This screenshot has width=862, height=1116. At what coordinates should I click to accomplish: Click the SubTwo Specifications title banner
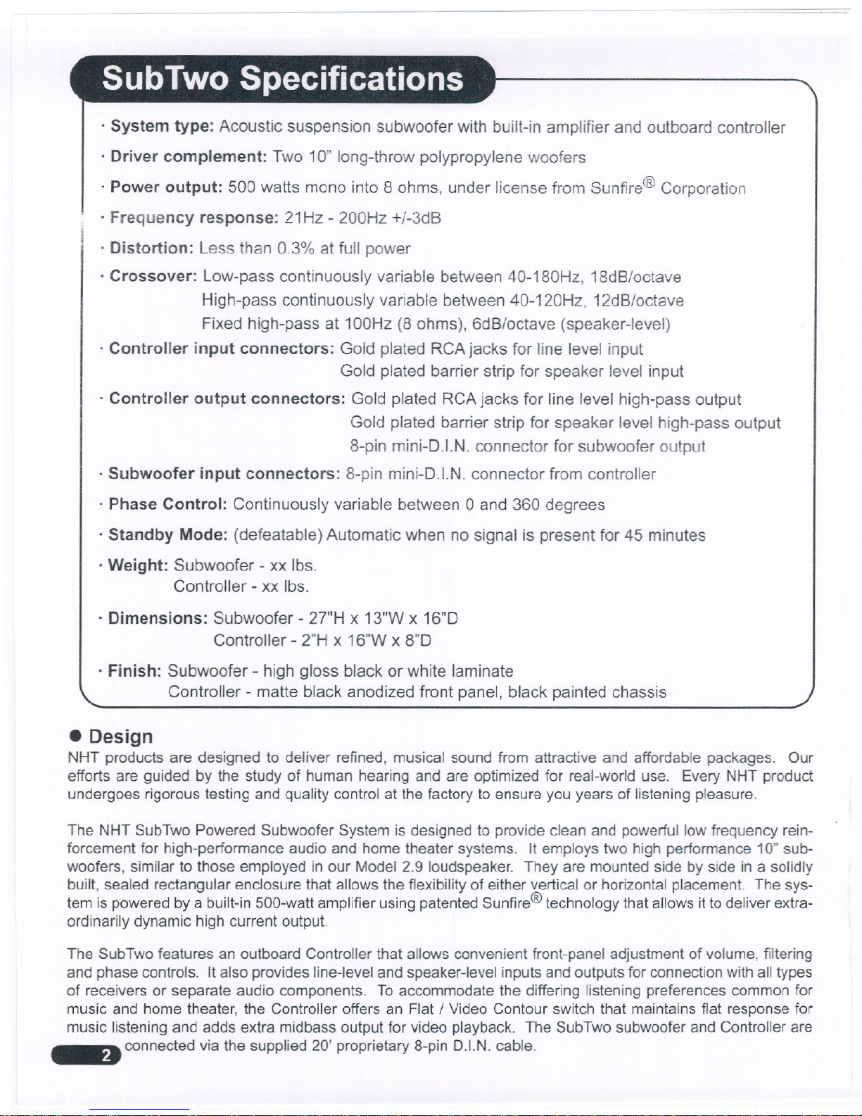[x=283, y=79]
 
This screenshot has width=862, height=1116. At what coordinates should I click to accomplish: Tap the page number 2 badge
[x=106, y=1055]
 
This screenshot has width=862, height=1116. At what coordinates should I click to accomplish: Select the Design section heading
[x=120, y=736]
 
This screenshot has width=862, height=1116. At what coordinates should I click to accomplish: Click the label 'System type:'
[x=162, y=127]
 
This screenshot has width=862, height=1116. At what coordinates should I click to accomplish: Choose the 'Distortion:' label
[x=151, y=248]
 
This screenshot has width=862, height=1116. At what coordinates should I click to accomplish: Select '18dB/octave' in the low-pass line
[x=635, y=277]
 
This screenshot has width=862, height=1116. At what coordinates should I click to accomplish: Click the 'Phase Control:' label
[x=167, y=504]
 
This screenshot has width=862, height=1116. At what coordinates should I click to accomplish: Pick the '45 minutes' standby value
[x=664, y=535]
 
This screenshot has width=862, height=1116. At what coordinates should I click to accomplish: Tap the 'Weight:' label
[x=138, y=565]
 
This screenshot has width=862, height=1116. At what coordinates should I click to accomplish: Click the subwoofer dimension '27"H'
[x=327, y=618]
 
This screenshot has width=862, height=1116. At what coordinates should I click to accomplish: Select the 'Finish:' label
[x=134, y=671]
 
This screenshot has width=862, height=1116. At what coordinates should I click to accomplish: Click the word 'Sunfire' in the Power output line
[x=616, y=188]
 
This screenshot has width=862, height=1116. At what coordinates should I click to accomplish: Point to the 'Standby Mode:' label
[x=167, y=535]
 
